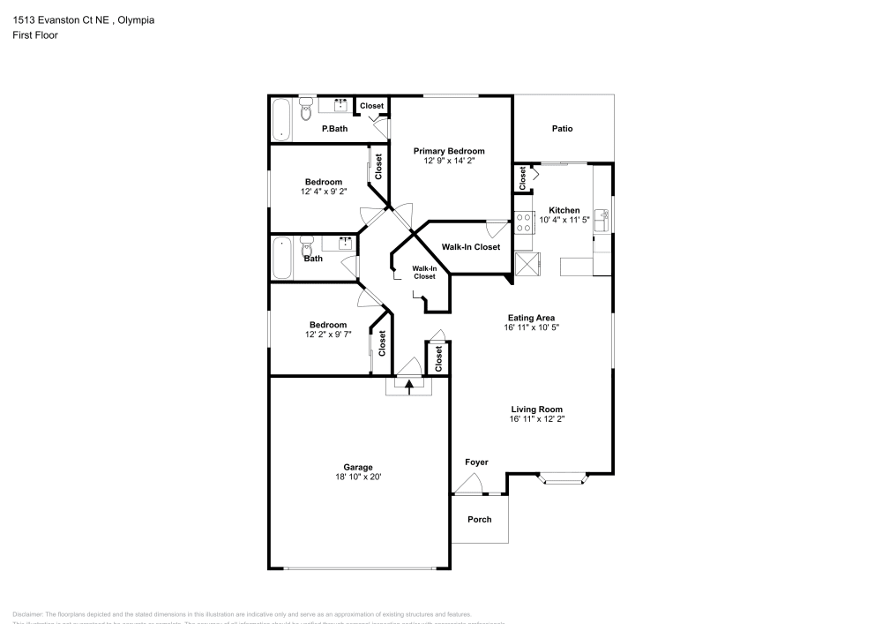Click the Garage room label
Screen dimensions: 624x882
[x=358, y=467]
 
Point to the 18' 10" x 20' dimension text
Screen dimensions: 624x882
[x=358, y=477]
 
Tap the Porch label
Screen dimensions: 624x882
[x=479, y=519]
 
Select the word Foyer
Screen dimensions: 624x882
[x=476, y=462]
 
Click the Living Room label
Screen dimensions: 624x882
[x=537, y=409]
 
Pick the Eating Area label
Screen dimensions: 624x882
[x=531, y=317]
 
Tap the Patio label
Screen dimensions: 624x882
[x=562, y=129]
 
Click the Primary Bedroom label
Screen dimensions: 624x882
[x=449, y=151]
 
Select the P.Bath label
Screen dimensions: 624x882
[x=333, y=129]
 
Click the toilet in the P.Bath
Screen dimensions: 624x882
[x=305, y=109]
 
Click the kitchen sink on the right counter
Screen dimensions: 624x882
[x=602, y=218]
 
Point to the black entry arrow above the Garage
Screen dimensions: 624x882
[x=408, y=384]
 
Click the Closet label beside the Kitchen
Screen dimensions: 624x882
[x=523, y=178]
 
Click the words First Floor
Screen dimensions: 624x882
[x=35, y=35]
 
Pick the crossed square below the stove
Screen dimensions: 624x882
[x=527, y=264]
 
